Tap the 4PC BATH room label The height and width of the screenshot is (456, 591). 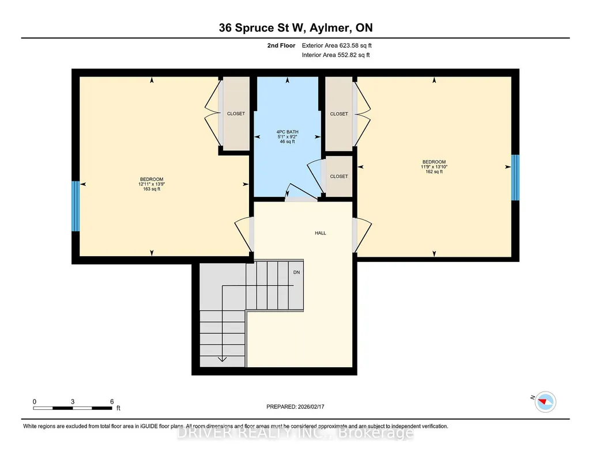[287, 132]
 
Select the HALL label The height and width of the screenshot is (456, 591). [321, 233]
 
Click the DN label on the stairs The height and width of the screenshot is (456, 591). [296, 272]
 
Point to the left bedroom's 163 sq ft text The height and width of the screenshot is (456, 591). [152, 189]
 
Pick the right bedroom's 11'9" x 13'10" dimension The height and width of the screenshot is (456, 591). [434, 166]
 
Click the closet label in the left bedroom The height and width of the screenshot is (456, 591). [236, 113]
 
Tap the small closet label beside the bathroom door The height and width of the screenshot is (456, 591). [339, 176]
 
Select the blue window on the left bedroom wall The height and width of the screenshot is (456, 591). [76, 206]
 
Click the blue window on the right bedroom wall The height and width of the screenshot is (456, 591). [515, 177]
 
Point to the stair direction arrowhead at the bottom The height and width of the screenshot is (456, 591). [223, 359]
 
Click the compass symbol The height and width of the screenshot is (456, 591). [545, 402]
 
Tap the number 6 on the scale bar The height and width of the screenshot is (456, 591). [112, 401]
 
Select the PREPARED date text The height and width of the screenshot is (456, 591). [295, 406]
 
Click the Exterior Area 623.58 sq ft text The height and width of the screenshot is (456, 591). [337, 45]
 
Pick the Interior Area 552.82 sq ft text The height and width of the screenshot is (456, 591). [336, 55]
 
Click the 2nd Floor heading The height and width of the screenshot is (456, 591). [281, 45]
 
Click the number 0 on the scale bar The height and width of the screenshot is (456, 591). [34, 401]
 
